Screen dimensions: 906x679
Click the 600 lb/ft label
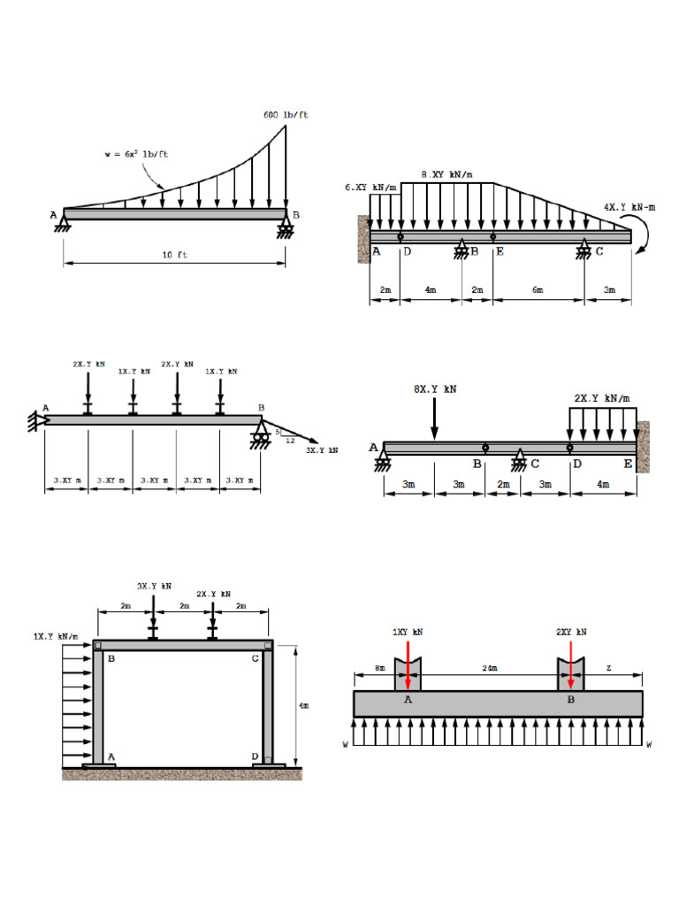[286, 115]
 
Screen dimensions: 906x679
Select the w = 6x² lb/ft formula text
[135, 155]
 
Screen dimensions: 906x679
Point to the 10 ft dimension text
[174, 255]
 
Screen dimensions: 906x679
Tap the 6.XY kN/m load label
[370, 188]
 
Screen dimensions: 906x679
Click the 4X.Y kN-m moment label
[629, 207]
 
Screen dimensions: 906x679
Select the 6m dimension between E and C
[538, 290]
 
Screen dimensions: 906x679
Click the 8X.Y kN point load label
[434, 388]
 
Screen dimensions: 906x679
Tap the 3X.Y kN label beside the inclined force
[322, 450]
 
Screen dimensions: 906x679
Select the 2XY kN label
[570, 632]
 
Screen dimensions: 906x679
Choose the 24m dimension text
[489, 669]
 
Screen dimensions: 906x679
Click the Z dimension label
[608, 669]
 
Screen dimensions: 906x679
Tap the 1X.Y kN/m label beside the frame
[56, 636]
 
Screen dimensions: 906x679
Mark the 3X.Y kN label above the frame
[154, 586]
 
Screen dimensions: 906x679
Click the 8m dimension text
[380, 669]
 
